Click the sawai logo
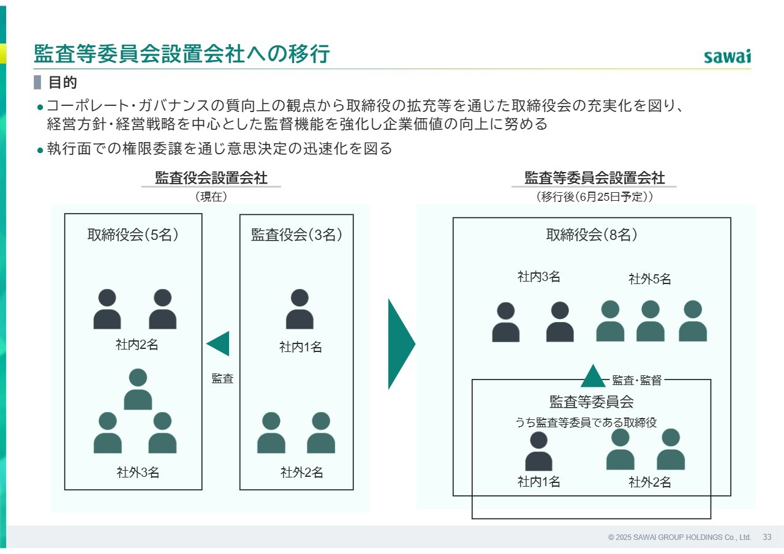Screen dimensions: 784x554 tap(727, 57)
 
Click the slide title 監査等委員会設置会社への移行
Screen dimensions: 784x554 tap(182, 54)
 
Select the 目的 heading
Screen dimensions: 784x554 tap(62, 83)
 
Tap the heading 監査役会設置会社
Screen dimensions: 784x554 tap(211, 178)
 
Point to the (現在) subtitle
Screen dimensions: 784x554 tap(211, 197)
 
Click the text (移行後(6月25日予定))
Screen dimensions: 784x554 tap(594, 197)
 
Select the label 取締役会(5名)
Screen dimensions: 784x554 tap(133, 234)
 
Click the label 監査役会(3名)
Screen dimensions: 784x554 tap(296, 234)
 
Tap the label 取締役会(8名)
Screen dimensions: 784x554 tap(592, 234)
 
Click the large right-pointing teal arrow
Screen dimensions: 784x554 tap(402, 344)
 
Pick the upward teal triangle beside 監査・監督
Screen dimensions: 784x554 tap(593, 376)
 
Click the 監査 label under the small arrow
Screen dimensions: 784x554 tap(222, 378)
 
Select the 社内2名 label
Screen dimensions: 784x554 tap(137, 345)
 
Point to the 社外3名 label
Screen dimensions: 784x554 tap(138, 473)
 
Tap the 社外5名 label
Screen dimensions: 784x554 tap(650, 279)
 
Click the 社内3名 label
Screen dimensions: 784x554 tap(538, 277)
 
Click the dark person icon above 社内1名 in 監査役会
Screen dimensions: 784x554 tap(300, 309)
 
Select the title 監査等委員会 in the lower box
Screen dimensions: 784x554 tap(592, 402)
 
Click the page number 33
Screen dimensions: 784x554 tap(767, 537)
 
